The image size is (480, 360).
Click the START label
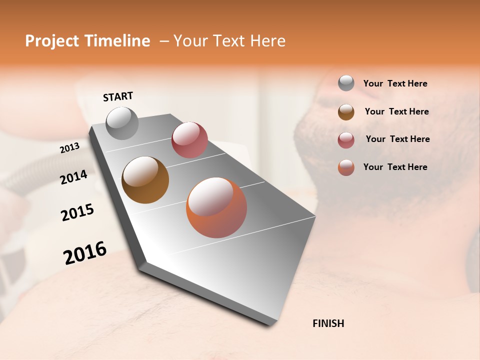118,96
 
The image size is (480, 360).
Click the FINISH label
328,323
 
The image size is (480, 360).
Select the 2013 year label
70,148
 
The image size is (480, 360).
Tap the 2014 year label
74,177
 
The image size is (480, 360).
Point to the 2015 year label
77,212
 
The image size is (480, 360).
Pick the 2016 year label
85,253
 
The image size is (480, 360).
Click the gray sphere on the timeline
122,123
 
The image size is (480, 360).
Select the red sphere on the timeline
189,140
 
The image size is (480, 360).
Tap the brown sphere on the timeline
145,180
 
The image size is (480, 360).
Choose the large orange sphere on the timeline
216,207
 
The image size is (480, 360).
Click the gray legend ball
346,83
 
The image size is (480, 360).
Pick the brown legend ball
346,112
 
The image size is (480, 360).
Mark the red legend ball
346,140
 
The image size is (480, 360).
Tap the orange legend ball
346,167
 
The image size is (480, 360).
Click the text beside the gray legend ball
395,84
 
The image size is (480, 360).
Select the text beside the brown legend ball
396,111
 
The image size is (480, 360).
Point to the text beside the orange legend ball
395,167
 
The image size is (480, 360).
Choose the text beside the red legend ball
397,139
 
